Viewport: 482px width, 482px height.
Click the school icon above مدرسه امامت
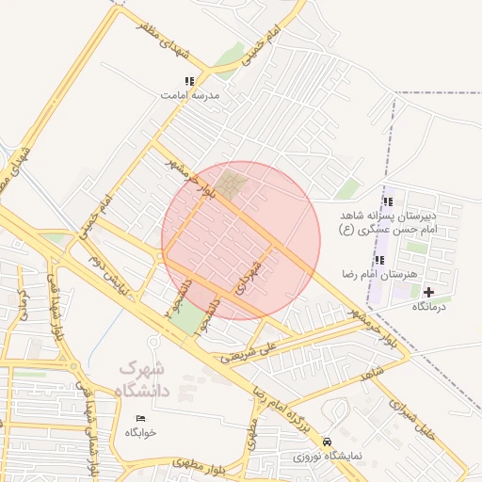click(x=188, y=82)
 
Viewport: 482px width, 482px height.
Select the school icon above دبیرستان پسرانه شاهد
click(x=388, y=202)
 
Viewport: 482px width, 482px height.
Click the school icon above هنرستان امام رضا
click(x=379, y=260)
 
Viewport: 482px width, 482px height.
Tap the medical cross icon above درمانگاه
click(x=428, y=293)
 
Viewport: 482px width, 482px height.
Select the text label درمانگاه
click(x=428, y=307)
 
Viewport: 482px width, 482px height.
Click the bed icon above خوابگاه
click(x=141, y=418)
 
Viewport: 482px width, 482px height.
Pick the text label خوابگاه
click(x=141, y=432)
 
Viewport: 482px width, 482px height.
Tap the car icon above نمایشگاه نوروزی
click(x=327, y=442)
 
